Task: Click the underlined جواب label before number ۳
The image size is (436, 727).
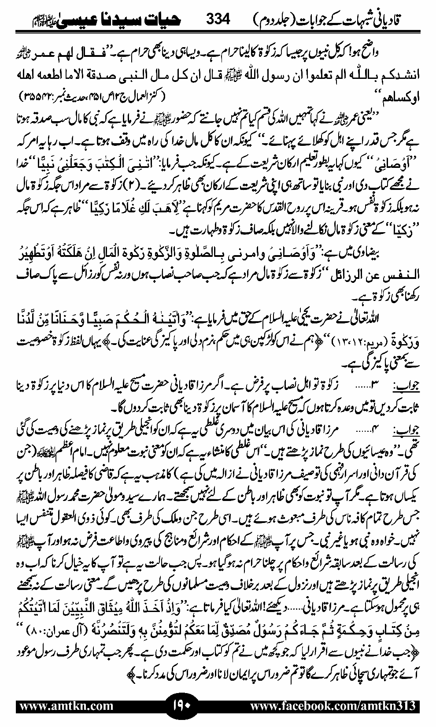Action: (405, 388)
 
